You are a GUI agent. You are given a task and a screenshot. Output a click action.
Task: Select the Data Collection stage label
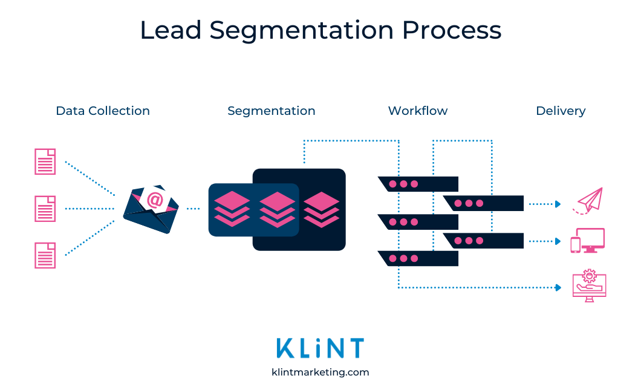point(103,111)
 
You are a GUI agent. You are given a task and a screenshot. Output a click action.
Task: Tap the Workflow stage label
point(418,111)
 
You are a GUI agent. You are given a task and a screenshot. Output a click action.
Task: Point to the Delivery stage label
point(561,111)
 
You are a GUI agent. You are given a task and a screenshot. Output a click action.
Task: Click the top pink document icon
point(45,161)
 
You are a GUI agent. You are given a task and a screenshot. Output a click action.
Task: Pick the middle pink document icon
point(45,209)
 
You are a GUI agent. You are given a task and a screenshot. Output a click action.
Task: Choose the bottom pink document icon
point(45,255)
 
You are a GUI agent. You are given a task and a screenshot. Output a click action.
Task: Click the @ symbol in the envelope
point(155,200)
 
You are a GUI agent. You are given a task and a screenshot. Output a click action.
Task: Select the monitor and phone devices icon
point(588,241)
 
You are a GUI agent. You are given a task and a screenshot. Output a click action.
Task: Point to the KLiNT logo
point(320,348)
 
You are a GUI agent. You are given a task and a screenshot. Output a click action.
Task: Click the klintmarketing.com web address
point(320,372)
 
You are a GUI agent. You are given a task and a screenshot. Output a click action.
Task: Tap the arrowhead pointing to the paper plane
point(558,204)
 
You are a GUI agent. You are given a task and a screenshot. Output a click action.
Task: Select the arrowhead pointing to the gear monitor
point(558,288)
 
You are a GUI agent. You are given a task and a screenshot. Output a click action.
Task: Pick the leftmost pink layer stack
point(232,209)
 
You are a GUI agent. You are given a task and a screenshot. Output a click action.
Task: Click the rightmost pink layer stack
point(322,209)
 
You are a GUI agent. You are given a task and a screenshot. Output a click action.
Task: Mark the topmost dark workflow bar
point(418,184)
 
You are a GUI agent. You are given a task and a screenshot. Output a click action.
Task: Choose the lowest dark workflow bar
point(418,259)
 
